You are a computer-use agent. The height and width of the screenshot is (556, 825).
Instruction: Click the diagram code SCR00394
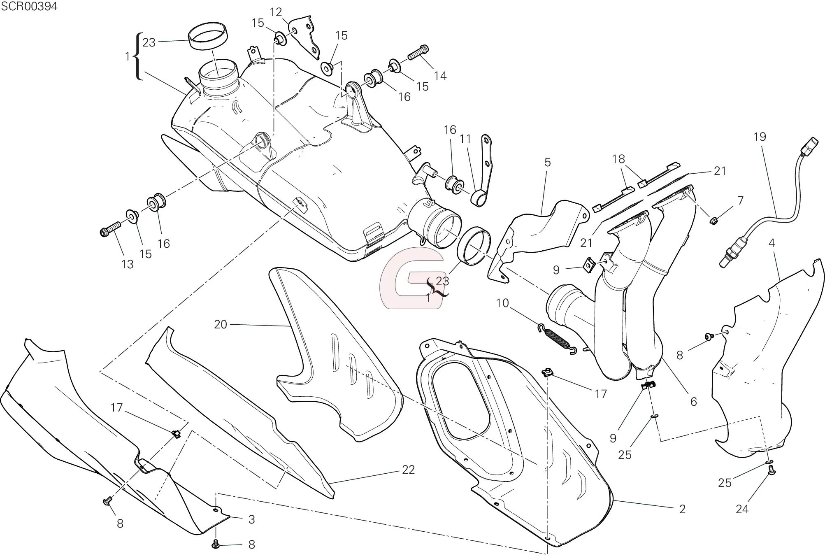point(29,6)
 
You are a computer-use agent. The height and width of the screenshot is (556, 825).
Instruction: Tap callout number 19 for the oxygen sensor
point(760,137)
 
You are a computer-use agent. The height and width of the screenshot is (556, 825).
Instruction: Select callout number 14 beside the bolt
point(440,76)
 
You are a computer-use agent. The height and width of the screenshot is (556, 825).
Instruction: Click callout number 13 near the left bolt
point(128,264)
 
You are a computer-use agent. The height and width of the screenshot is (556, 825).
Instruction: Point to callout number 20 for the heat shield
point(221,324)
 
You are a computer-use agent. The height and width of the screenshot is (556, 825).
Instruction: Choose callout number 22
point(408,470)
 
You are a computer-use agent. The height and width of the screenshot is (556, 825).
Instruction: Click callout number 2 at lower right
point(682,509)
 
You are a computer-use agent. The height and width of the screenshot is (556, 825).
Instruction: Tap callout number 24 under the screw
point(742,509)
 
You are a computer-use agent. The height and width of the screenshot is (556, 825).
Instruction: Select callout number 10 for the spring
point(502,303)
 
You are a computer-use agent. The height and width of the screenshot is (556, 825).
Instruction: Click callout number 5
point(548,162)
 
